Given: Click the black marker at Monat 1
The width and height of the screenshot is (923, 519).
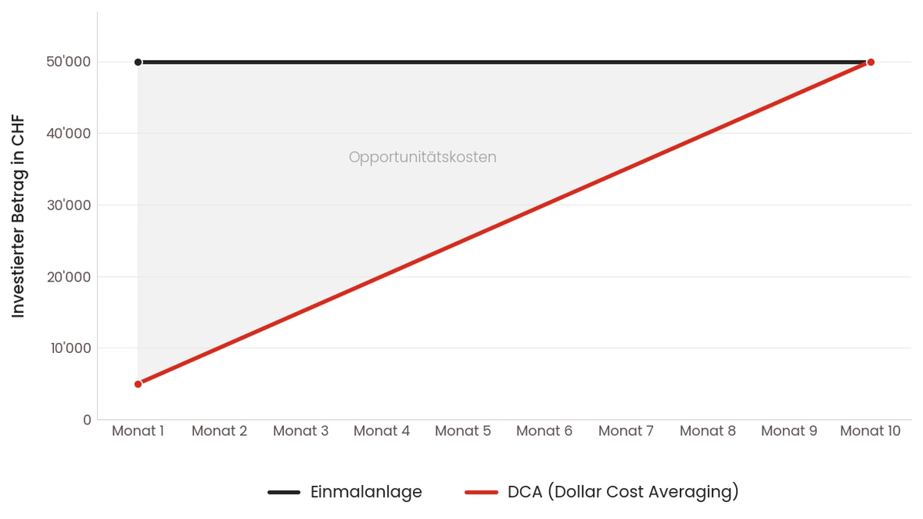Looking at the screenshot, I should coord(138,62).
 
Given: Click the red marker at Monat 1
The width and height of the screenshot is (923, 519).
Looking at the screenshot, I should coord(138,384).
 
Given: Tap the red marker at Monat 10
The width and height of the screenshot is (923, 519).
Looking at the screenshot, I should coord(870,62).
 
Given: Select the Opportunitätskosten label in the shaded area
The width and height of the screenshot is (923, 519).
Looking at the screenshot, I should coord(422,158).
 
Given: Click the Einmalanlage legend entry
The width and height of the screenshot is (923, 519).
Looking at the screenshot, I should coord(366,492).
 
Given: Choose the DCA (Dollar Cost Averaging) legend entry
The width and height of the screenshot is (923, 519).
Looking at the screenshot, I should coord(623,492).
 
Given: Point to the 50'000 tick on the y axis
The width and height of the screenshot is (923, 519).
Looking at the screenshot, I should coord(69,62).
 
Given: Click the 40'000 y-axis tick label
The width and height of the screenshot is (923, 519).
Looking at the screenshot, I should coord(69,134).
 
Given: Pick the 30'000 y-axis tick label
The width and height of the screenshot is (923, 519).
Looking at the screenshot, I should coord(69,205).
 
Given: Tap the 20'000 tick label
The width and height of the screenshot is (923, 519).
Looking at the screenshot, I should coord(69,277).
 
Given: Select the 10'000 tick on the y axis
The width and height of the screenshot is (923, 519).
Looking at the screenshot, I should coord(69,348).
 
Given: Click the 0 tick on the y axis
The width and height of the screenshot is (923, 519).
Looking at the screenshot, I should coord(87,420).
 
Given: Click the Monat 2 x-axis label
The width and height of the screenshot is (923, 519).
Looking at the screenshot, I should coord(219,431).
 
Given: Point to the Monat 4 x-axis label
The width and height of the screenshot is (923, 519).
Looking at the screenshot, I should coord(382,431).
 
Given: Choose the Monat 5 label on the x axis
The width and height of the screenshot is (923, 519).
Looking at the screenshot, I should coord(463,431).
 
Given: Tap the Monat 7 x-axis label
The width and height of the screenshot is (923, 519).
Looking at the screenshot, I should coord(626,431).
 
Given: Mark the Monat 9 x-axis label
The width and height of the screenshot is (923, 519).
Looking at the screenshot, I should coord(789,431).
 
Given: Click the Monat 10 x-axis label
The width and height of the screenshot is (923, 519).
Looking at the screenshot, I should coord(870,431).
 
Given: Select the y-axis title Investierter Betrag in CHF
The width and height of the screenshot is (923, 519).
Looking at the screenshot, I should coord(18,216).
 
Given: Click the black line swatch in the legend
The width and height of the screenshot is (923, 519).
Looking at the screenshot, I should coord(284,492).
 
